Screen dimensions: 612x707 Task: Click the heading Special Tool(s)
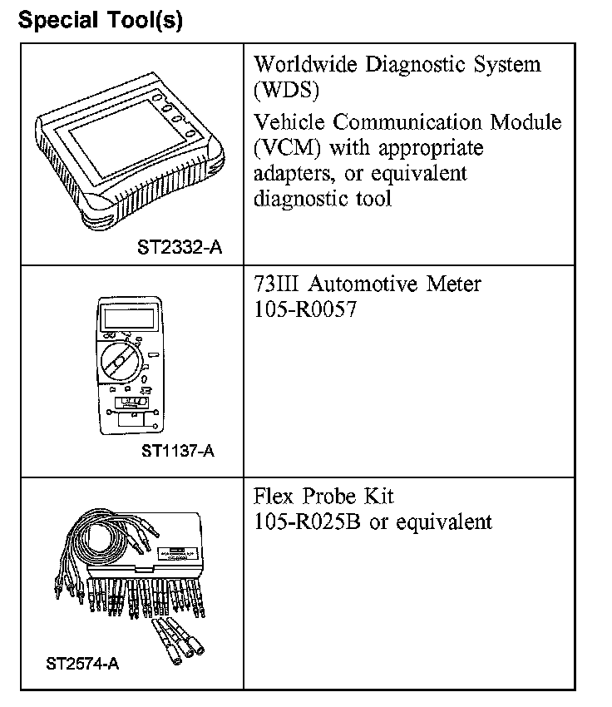tap(99, 20)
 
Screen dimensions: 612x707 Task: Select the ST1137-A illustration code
tap(177, 452)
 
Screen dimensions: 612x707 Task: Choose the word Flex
tap(275, 497)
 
